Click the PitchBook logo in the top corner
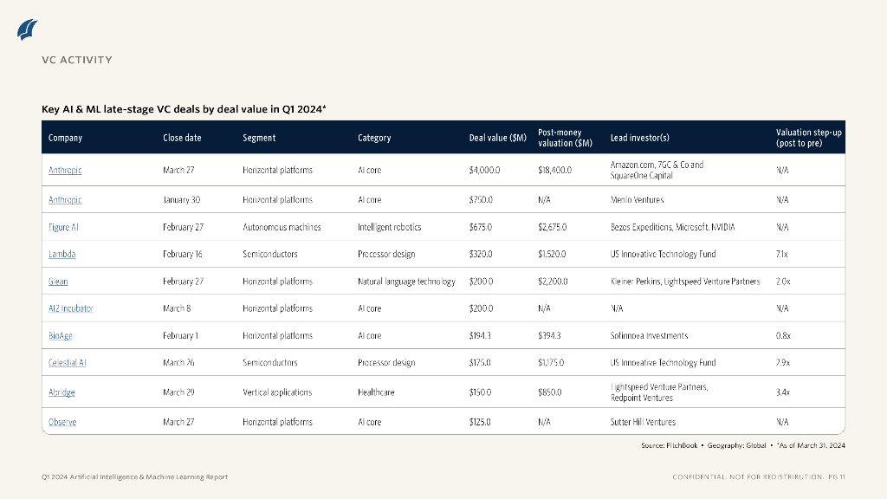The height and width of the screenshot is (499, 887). point(28,29)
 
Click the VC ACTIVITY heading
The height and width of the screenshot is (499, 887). point(77,60)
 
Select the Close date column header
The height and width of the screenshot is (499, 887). point(182,138)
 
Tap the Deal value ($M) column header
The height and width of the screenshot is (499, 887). point(497,138)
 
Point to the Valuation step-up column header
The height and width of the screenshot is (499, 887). point(808,138)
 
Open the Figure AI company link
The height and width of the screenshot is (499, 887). point(64,227)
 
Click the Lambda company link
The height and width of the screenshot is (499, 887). point(62,255)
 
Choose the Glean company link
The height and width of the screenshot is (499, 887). point(58,282)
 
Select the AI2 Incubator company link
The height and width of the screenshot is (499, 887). point(71,308)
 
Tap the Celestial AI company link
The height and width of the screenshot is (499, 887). point(67,363)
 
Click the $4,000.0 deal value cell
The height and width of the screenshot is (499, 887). point(484,171)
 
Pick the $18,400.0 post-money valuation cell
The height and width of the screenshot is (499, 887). point(554,171)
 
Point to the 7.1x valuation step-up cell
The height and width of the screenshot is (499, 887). point(782,255)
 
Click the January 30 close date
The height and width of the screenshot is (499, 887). point(181,200)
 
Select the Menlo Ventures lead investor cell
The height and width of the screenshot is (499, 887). point(637,200)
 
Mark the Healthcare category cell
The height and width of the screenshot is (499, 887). point(376,392)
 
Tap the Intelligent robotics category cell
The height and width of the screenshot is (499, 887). point(389,227)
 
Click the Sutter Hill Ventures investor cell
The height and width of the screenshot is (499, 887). point(643,423)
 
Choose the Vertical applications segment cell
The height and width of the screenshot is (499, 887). point(277,392)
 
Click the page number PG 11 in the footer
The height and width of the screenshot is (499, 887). point(836,477)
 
